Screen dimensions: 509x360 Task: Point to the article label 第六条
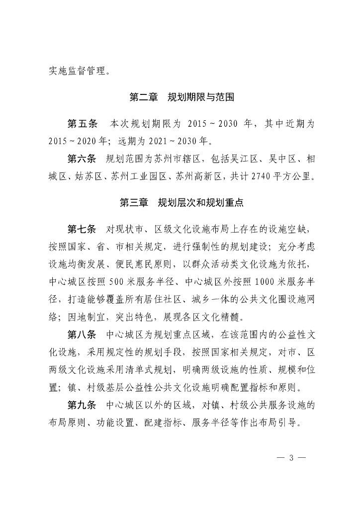83,159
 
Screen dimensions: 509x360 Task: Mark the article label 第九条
83,405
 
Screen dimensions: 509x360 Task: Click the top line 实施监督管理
80,71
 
